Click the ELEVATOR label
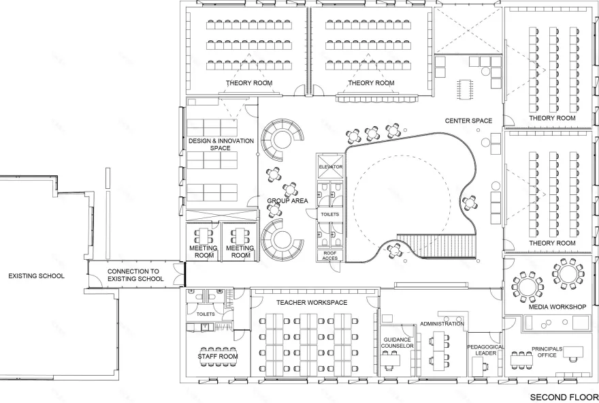coord(330,167)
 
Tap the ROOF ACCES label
coord(330,255)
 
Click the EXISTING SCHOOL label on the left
coord(36,276)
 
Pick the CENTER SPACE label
coord(468,121)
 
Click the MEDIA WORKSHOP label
coord(557,307)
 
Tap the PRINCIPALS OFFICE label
coord(547,352)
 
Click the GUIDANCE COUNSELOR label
coord(398,343)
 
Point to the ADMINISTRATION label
coord(442,324)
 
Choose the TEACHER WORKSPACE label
coord(312,302)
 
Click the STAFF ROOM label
coord(217,356)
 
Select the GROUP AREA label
coord(288,201)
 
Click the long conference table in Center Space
coord(468,88)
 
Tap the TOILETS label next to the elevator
coord(329,214)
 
